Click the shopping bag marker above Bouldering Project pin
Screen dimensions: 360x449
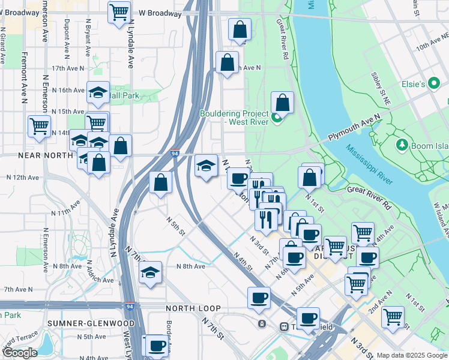click(283, 103)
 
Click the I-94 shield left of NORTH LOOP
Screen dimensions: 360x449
click(130, 306)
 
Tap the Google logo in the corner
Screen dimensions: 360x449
click(19, 353)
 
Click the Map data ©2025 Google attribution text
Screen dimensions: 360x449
click(412, 355)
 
